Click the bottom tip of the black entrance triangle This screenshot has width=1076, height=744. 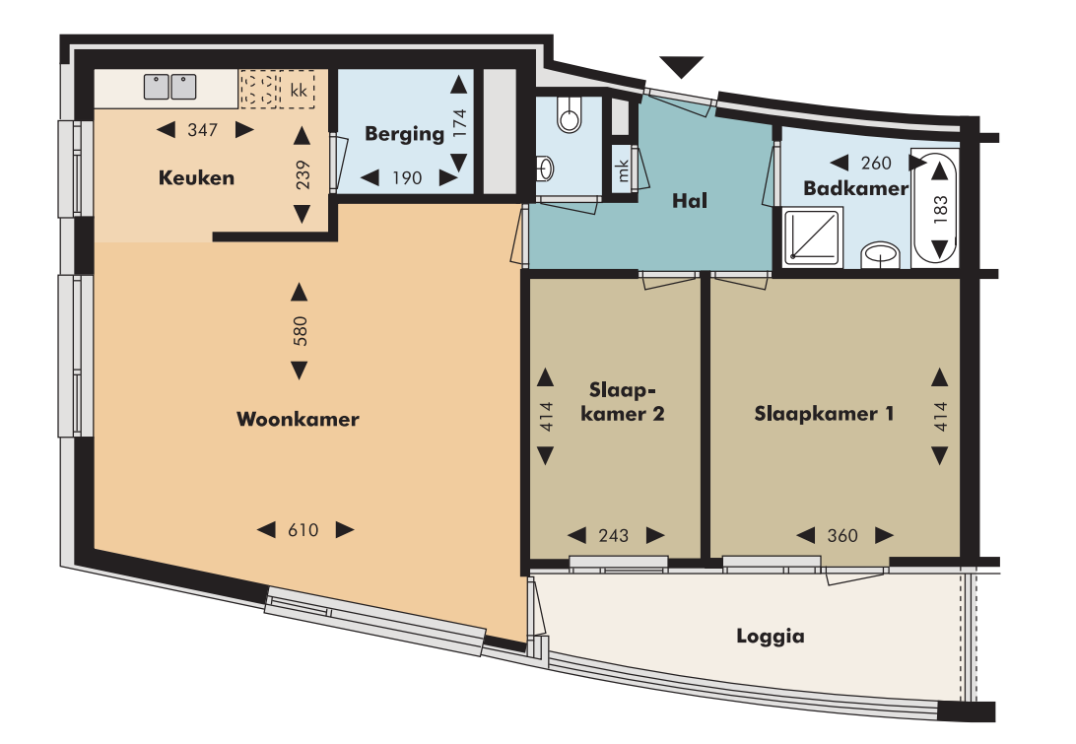click(682, 79)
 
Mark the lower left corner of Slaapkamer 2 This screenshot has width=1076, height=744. click(531, 558)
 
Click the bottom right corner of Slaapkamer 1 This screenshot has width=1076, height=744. click(960, 558)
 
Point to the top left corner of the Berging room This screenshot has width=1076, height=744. click(339, 70)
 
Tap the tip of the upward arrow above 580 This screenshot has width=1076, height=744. click(299, 284)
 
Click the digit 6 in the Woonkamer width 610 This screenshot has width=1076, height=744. click(293, 530)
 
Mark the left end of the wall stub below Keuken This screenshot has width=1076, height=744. click(213, 237)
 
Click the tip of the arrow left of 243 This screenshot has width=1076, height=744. click(569, 535)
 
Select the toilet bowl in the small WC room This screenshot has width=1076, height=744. click(569, 114)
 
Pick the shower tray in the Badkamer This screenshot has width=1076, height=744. click(813, 237)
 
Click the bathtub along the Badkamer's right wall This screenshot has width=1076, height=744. click(934, 208)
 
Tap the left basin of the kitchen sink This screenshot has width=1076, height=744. click(157, 87)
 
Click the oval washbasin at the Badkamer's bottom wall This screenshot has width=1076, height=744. click(881, 254)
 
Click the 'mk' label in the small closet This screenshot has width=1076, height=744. click(623, 169)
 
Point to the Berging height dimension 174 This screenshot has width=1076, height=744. click(459, 123)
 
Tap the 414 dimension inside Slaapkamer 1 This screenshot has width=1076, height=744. click(940, 417)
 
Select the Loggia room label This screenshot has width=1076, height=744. click(771, 637)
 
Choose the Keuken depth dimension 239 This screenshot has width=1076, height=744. click(302, 175)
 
